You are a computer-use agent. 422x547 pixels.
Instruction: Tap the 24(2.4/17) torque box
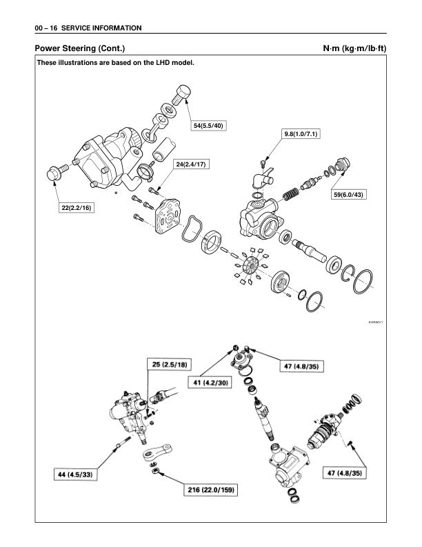[x=192, y=164]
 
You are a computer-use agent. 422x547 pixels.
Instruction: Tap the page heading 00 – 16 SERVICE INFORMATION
[x=83, y=28]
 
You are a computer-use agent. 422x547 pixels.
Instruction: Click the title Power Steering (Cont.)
[x=79, y=49]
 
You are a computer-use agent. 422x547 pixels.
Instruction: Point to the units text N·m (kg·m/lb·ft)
[x=353, y=49]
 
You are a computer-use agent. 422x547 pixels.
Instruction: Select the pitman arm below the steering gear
[x=153, y=454]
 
